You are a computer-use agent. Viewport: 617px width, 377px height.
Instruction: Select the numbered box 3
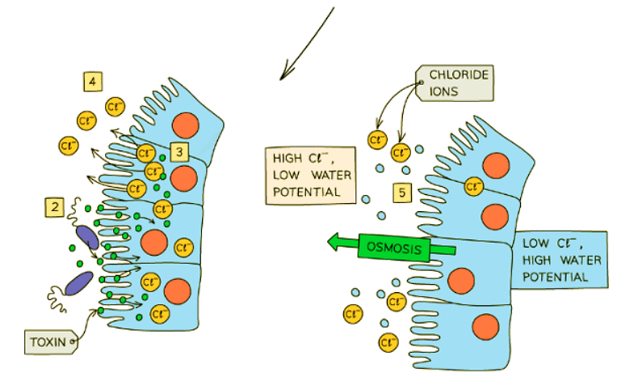(x=180, y=150)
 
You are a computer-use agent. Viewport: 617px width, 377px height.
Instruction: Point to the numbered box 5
(x=403, y=193)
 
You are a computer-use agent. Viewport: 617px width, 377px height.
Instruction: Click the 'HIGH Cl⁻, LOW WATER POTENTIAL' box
(x=312, y=173)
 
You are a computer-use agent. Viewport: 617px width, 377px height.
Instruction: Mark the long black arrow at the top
(x=306, y=44)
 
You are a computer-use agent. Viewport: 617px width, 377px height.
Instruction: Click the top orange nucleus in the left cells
(x=186, y=125)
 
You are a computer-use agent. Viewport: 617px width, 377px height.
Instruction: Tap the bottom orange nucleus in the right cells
(x=486, y=328)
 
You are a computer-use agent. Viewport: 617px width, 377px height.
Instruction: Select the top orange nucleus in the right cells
(x=493, y=165)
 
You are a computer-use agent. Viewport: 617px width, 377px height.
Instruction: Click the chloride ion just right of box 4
(x=117, y=104)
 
